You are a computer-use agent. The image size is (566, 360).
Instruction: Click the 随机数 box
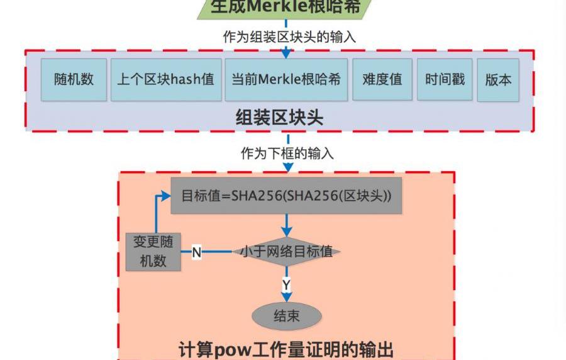(x=74, y=80)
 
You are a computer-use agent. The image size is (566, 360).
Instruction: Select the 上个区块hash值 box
(x=165, y=80)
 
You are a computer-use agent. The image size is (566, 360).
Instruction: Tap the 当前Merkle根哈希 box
(x=286, y=80)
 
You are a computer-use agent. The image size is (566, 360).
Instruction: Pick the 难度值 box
(x=382, y=80)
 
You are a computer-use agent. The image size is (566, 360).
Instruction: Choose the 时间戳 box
(x=445, y=80)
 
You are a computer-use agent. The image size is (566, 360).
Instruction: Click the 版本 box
(x=498, y=80)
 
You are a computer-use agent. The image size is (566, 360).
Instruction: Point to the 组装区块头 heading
(x=279, y=117)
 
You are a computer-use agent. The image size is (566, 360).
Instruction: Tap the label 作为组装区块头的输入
(x=289, y=37)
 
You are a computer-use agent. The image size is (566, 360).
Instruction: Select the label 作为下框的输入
(x=287, y=154)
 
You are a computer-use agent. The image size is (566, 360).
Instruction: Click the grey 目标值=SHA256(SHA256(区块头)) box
(x=286, y=195)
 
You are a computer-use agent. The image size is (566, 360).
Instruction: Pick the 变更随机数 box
(x=153, y=251)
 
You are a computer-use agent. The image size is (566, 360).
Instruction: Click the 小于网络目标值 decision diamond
(x=287, y=252)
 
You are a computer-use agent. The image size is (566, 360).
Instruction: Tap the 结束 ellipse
(x=287, y=317)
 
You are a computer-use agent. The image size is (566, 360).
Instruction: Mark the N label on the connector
(x=196, y=252)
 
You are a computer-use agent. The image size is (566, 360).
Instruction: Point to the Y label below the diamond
(x=286, y=285)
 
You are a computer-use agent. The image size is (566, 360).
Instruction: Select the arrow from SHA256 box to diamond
(x=287, y=225)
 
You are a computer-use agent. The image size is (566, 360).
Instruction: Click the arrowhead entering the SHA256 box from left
(x=166, y=195)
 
